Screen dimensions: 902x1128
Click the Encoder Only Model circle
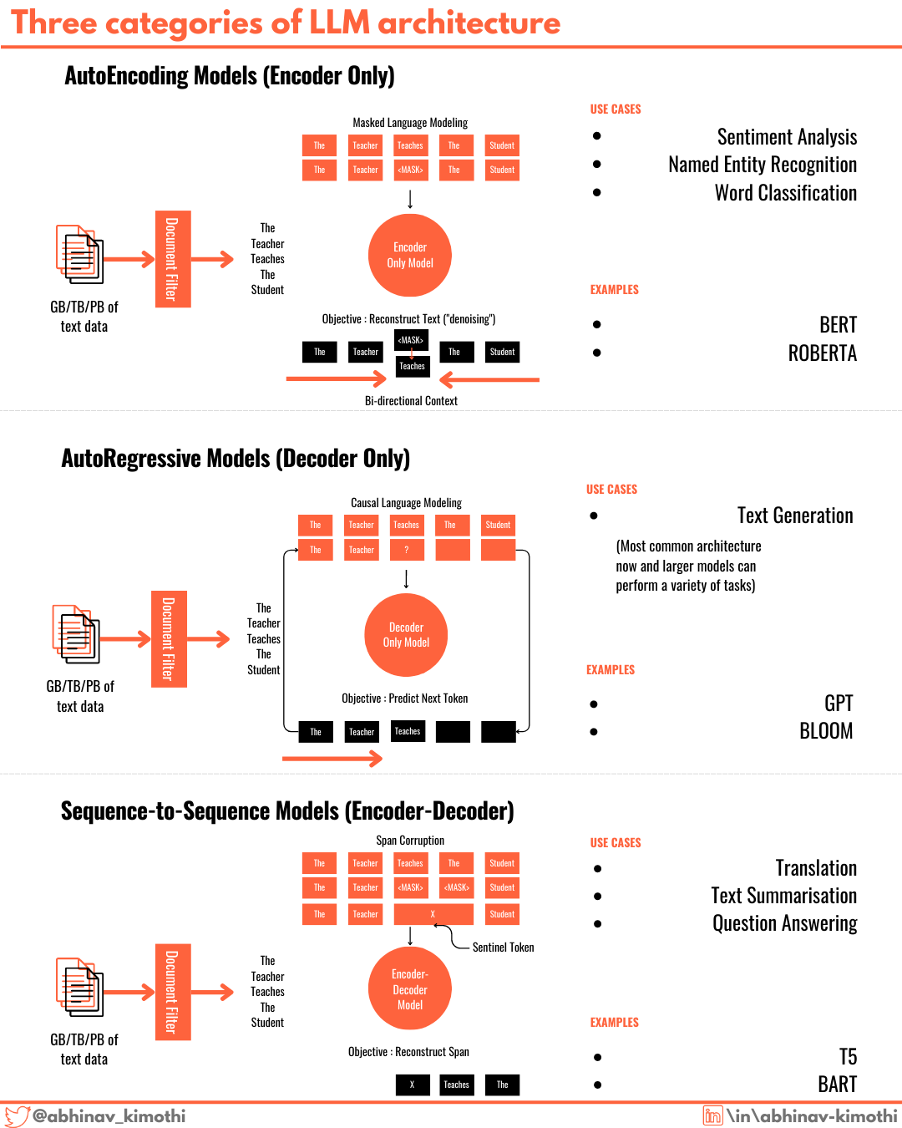(410, 255)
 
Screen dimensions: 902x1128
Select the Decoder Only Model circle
(406, 635)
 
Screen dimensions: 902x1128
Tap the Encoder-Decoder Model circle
(410, 989)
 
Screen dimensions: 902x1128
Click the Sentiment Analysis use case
(787, 137)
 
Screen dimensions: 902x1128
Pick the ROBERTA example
(822, 353)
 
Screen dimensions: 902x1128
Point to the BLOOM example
(825, 731)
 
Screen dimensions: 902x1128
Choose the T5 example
(848, 1057)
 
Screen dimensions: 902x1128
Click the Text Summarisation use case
(783, 896)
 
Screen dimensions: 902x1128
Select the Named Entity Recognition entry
(762, 165)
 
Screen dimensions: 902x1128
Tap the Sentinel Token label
(503, 948)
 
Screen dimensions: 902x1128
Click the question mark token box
(407, 550)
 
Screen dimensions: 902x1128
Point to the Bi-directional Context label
(411, 401)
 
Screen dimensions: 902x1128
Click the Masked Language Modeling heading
(410, 123)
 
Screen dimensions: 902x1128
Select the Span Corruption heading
(410, 841)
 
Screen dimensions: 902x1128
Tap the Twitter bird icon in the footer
(17, 1116)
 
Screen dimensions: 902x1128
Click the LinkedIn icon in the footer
(712, 1115)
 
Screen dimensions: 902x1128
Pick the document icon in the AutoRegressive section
(77, 634)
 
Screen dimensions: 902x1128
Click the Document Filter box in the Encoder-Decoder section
(173, 992)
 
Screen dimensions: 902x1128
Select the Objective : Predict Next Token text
(405, 699)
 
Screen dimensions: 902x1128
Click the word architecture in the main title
(469, 23)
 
